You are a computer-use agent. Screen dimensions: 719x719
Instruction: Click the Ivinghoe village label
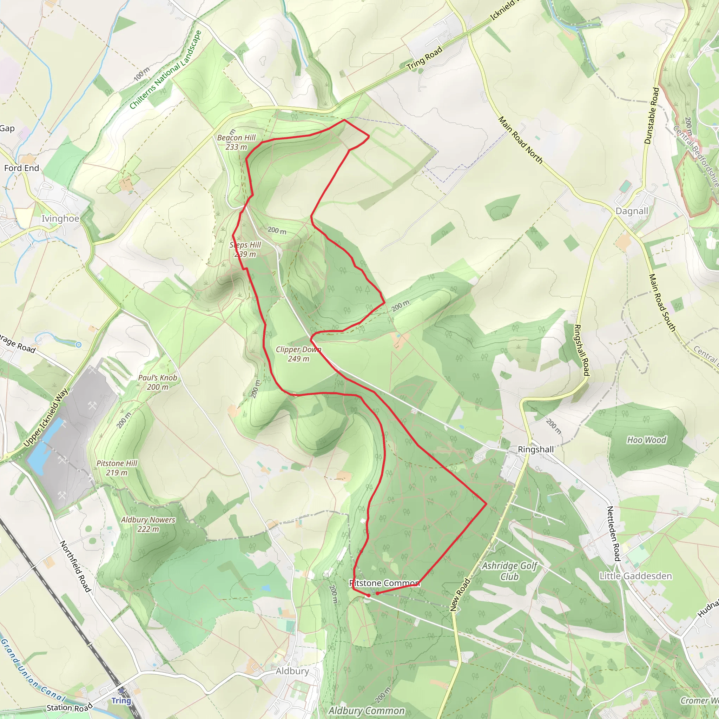click(60, 218)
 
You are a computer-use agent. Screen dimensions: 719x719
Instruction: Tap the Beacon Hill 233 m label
click(236, 142)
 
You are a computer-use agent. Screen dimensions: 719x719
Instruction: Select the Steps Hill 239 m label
click(245, 249)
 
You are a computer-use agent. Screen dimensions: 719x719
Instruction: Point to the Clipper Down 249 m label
click(298, 354)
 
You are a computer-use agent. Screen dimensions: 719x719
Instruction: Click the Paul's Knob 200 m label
click(158, 382)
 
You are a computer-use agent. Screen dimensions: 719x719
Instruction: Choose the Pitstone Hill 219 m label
click(117, 468)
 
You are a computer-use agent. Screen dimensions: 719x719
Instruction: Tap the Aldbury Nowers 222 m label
click(148, 524)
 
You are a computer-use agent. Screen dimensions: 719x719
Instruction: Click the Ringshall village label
click(536, 450)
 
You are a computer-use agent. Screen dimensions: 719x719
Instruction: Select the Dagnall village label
click(632, 211)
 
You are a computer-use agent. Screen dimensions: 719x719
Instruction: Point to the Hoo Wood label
click(647, 440)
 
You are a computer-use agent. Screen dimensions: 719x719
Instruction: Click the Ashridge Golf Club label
click(509, 571)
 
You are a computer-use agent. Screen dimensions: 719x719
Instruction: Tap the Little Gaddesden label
click(636, 576)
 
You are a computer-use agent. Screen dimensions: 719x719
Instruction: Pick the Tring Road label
click(425, 58)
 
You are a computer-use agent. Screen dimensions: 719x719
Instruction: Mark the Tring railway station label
click(121, 701)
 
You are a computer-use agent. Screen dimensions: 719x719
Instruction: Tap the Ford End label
click(21, 168)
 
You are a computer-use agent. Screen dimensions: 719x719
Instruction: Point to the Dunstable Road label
click(652, 116)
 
